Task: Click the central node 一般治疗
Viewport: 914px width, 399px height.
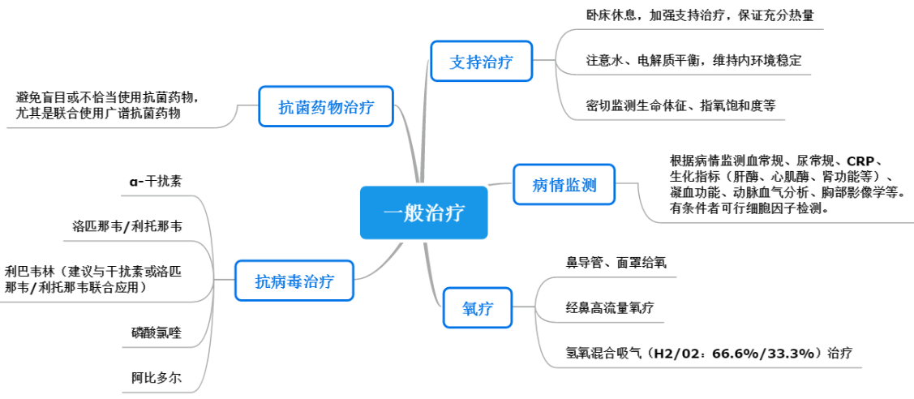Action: pyautogui.click(x=424, y=212)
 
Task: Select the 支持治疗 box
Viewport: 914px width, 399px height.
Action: pyautogui.click(x=482, y=61)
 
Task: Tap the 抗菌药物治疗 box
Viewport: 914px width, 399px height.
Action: pyautogui.click(x=326, y=106)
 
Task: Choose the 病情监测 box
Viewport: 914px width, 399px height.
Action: pyautogui.click(x=564, y=185)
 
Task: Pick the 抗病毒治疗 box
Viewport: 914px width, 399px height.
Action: pyautogui.click(x=294, y=280)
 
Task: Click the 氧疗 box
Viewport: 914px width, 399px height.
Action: pyautogui.click(x=478, y=307)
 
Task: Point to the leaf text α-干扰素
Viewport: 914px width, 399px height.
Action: pyautogui.click(x=155, y=181)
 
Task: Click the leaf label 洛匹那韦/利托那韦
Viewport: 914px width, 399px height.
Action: pyautogui.click(x=127, y=226)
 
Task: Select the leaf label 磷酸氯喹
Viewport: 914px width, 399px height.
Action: pyautogui.click(x=157, y=333)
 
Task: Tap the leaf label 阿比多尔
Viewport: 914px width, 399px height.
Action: pyautogui.click(x=157, y=377)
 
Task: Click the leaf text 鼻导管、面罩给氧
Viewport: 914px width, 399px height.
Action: pyautogui.click(x=616, y=263)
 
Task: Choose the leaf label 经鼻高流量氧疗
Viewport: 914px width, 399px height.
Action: pyautogui.click(x=610, y=307)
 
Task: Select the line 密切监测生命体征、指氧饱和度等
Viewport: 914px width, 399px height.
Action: pyautogui.click(x=681, y=105)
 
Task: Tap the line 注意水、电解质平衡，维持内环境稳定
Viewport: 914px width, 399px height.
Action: pyautogui.click(x=693, y=61)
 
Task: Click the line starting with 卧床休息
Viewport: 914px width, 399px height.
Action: pyautogui.click(x=699, y=15)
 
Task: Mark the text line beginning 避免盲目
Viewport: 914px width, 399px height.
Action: pyautogui.click(x=111, y=97)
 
